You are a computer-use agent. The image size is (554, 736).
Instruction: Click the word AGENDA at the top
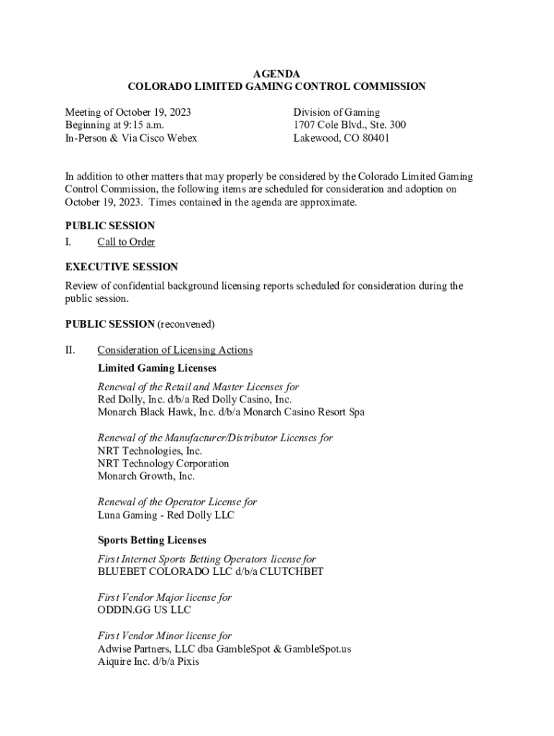[276, 74]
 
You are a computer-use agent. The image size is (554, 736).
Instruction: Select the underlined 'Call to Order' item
[126, 242]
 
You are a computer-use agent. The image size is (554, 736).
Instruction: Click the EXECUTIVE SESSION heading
[122, 267]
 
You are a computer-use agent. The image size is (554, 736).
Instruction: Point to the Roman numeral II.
[70, 350]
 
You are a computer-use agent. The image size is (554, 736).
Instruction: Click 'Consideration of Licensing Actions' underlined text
[175, 350]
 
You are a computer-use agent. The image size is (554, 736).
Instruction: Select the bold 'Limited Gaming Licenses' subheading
[157, 368]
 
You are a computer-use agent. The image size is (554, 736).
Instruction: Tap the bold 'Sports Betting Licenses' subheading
[152, 540]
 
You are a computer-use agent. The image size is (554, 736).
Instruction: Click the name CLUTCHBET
[293, 572]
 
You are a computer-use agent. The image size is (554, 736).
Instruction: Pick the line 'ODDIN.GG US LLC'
[145, 610]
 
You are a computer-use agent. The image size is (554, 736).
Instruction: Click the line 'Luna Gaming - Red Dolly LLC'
[165, 515]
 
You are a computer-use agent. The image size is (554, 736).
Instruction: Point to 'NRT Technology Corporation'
[163, 464]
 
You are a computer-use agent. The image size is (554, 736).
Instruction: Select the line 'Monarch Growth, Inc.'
[146, 477]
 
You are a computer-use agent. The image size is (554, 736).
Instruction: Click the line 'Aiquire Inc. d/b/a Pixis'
[148, 662]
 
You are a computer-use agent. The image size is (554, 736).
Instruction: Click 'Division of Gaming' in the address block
[336, 112]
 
